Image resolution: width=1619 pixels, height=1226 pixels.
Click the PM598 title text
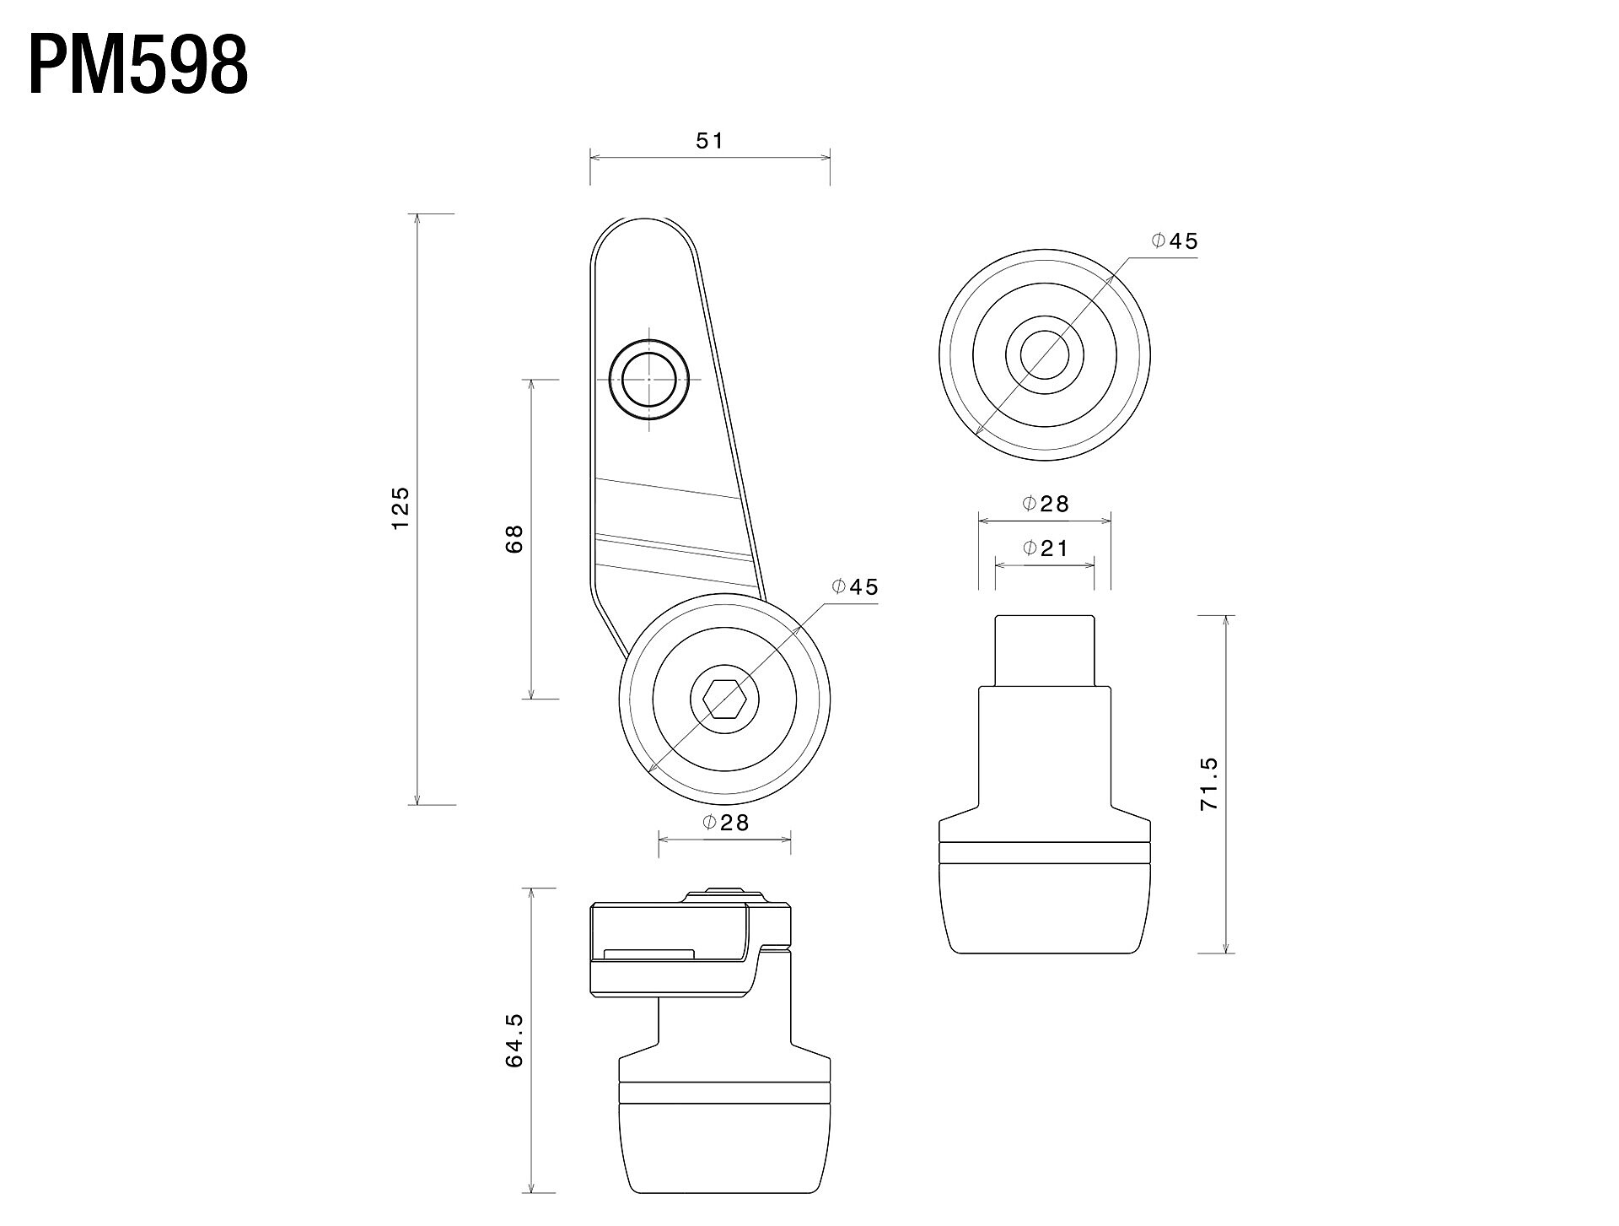coord(139,66)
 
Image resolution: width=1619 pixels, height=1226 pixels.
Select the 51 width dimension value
coord(710,141)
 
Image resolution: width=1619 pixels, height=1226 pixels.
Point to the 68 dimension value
coord(514,538)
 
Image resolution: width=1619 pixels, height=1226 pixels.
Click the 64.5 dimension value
coord(514,1040)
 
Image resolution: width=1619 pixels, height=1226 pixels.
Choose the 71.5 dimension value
coord(1208,784)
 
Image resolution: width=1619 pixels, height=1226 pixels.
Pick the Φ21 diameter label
coord(1045,548)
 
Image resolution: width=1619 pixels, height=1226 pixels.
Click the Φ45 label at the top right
coord(1175,241)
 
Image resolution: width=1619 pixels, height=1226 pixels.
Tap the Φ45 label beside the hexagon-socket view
coord(855,586)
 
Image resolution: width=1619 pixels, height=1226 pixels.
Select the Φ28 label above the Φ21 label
coord(1045,504)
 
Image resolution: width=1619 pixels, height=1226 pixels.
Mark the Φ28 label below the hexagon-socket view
coord(725,822)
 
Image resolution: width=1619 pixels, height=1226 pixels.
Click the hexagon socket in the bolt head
coord(724,699)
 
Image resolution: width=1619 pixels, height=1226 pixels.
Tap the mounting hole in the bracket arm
coord(649,380)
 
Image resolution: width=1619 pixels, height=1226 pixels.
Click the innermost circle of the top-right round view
coord(1045,354)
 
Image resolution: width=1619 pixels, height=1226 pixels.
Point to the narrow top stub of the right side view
coord(1045,651)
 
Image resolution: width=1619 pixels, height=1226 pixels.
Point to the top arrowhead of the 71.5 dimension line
coord(1224,622)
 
